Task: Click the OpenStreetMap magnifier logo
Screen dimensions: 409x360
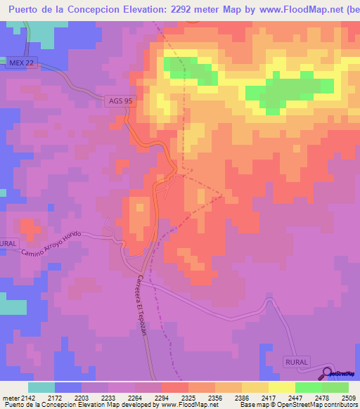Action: [x=328, y=373]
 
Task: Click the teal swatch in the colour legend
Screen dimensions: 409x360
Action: [x=41, y=388]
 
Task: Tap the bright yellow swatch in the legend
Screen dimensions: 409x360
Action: [x=281, y=388]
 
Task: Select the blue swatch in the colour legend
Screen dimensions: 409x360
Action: [x=68, y=388]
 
